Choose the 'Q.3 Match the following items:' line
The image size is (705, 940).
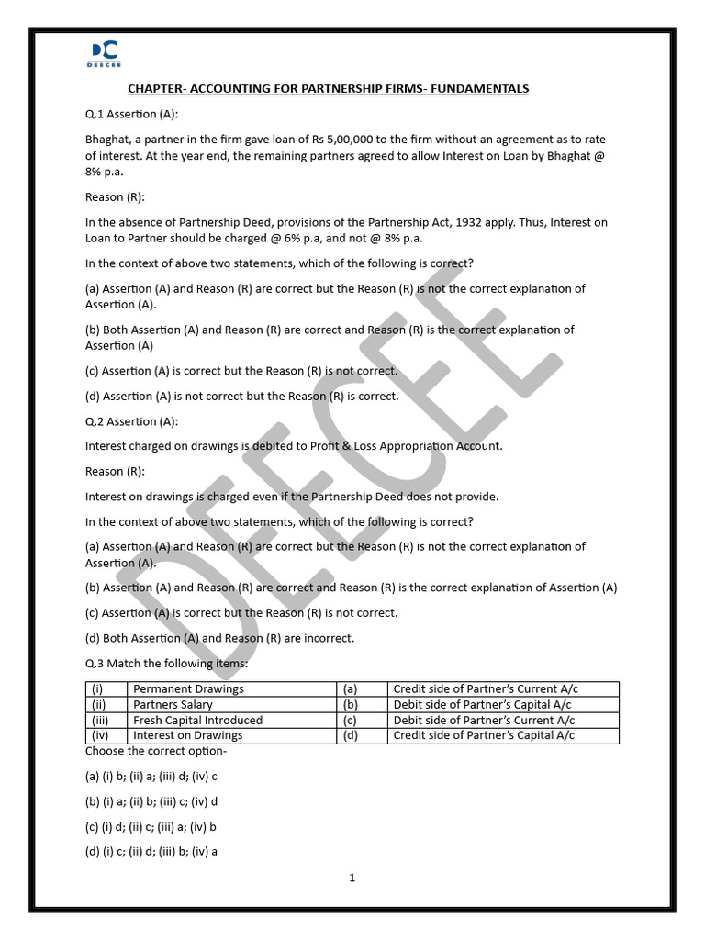(166, 664)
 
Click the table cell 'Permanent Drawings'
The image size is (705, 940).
(188, 688)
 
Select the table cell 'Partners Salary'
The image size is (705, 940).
(173, 704)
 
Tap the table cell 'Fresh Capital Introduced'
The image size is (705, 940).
(197, 720)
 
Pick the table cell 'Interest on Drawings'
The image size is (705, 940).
(187, 735)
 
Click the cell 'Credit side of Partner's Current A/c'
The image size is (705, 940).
(486, 688)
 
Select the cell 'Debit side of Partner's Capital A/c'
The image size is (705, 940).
(484, 704)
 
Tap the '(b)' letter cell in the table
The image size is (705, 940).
(350, 704)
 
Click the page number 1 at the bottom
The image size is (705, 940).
(352, 878)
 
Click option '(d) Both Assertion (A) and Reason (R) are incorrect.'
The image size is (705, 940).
(219, 638)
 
